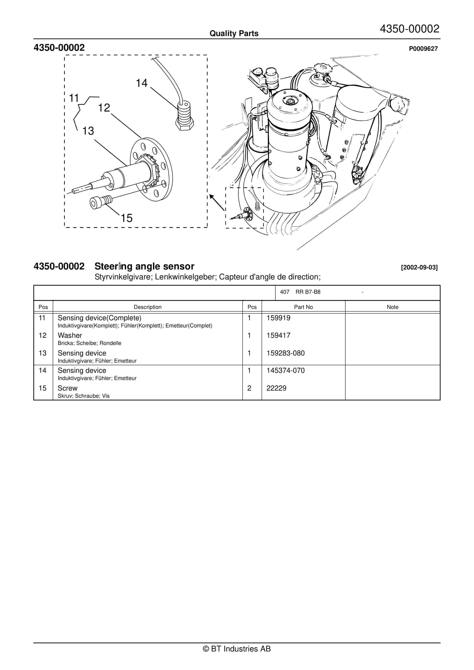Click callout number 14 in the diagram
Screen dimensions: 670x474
point(142,83)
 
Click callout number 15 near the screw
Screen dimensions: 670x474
point(126,218)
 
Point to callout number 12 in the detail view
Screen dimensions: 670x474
point(104,108)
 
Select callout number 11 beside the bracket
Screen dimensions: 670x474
point(74,98)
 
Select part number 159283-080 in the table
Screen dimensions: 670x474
point(285,353)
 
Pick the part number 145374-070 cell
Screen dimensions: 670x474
point(285,371)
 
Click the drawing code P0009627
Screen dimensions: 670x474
point(423,49)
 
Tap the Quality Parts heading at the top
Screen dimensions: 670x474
point(234,33)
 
